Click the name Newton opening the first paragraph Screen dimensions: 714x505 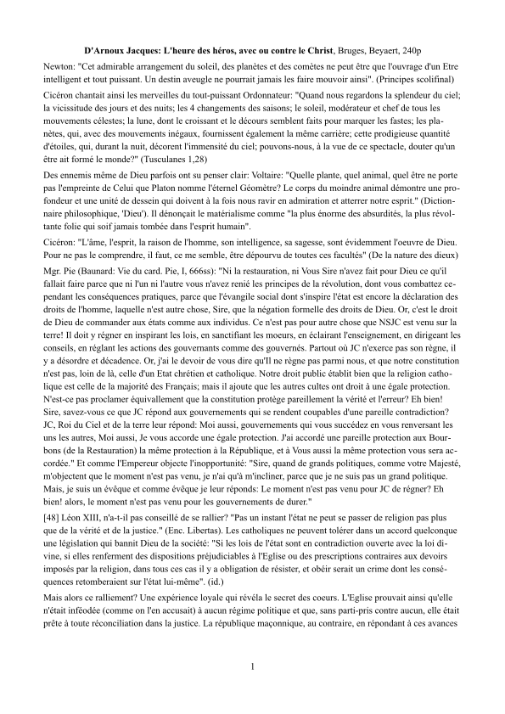[59, 66]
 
